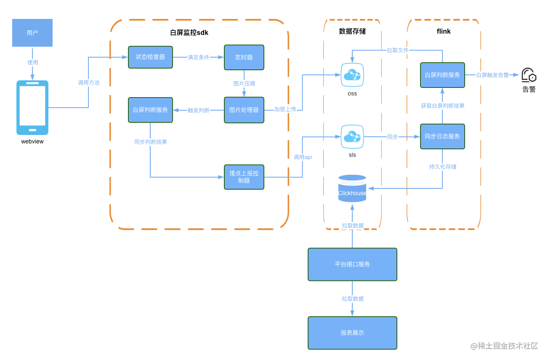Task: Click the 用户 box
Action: (x=32, y=33)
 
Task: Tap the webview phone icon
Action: (x=32, y=108)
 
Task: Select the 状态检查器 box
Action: (x=150, y=57)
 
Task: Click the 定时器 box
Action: (x=244, y=58)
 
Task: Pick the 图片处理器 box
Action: (x=244, y=110)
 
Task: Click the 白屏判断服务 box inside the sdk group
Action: (x=150, y=110)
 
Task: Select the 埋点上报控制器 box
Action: (x=244, y=177)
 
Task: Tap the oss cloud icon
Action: (x=352, y=75)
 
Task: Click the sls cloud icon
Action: (x=352, y=137)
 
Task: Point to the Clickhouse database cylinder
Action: (x=352, y=188)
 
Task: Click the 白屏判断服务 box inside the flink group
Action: (x=442, y=75)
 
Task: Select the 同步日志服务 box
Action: (x=442, y=136)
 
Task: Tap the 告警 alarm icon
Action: (x=529, y=75)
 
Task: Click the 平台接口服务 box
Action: (x=352, y=264)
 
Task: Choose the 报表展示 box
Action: (x=352, y=333)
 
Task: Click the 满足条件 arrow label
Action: (x=198, y=58)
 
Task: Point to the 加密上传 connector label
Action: (x=285, y=109)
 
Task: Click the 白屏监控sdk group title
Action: (x=189, y=33)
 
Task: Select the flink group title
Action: (x=444, y=31)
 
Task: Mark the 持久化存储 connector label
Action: (x=442, y=167)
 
